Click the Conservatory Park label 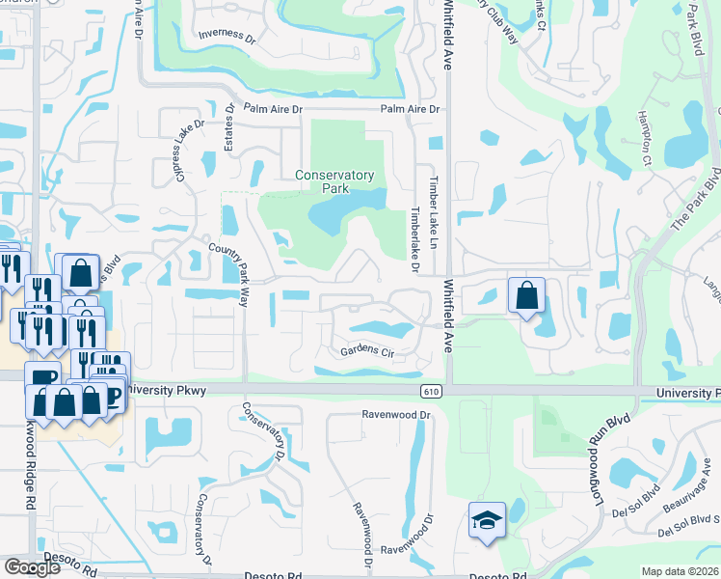click(x=334, y=181)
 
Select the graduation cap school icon click(x=487, y=522)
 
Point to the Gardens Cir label click(x=367, y=351)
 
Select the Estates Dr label click(x=230, y=127)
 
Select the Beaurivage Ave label click(x=685, y=497)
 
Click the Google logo click(x=33, y=567)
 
